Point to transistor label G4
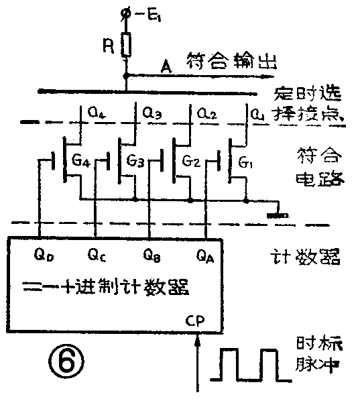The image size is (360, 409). click(x=83, y=162)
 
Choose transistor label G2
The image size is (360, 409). click(x=192, y=162)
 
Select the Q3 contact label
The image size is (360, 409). click(x=153, y=115)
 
